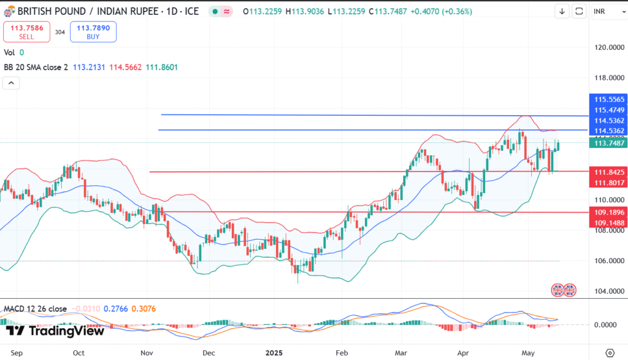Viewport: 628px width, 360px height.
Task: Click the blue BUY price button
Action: [93, 32]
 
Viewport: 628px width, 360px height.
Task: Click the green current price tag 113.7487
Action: [607, 143]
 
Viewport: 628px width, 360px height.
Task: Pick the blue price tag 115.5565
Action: [607, 99]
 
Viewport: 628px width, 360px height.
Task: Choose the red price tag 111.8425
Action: [607, 172]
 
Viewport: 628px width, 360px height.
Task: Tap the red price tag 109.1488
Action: [607, 222]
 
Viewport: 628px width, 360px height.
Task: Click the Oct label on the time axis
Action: [78, 353]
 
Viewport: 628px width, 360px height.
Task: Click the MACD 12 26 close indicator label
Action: [36, 308]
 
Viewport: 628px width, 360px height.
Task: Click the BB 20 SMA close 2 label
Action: [36, 67]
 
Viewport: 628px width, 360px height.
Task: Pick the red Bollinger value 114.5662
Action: [126, 67]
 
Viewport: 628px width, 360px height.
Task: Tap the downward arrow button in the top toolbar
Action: [562, 11]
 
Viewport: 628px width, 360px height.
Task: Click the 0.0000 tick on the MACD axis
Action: [606, 324]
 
